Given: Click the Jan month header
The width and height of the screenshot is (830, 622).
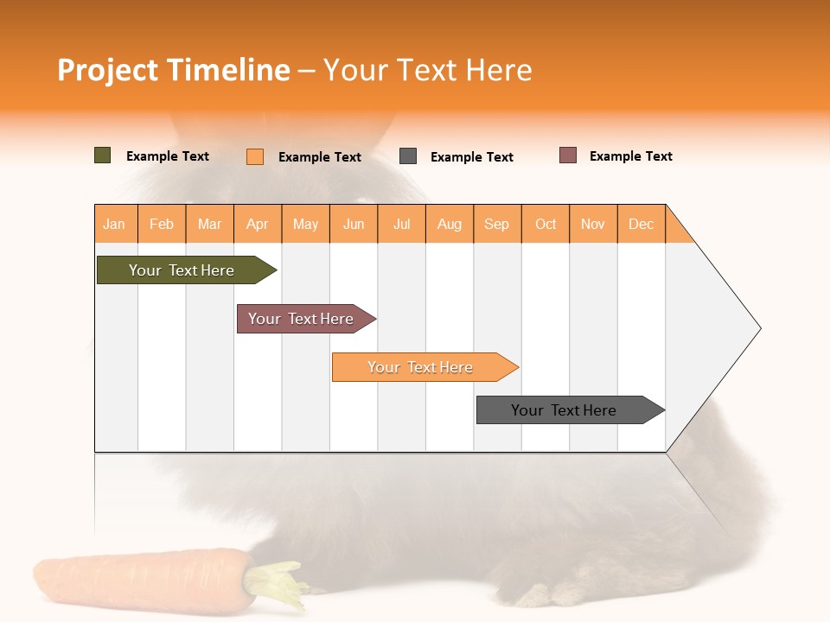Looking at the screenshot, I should [115, 224].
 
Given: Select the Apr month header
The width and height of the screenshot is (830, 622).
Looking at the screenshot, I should [258, 224].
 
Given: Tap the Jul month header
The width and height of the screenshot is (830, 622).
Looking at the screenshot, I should [402, 224].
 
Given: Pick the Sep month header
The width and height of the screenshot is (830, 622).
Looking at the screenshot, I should [497, 224].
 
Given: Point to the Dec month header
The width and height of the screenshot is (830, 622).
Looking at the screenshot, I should [642, 224].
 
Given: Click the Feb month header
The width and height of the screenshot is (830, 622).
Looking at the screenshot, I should [162, 224].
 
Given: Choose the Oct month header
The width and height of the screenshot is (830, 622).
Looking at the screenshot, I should [546, 224].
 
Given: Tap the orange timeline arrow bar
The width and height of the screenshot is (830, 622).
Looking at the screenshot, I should [421, 367].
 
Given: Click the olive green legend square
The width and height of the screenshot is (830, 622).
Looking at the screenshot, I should [103, 155].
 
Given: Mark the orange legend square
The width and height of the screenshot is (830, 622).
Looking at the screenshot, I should [255, 156].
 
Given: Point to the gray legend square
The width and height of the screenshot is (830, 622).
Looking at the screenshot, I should [408, 156].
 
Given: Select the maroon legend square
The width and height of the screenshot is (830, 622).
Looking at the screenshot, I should [568, 155].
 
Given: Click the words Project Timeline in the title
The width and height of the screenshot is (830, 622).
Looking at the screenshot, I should [174, 70].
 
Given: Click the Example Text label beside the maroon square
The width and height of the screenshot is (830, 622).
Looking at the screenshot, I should [631, 156].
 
